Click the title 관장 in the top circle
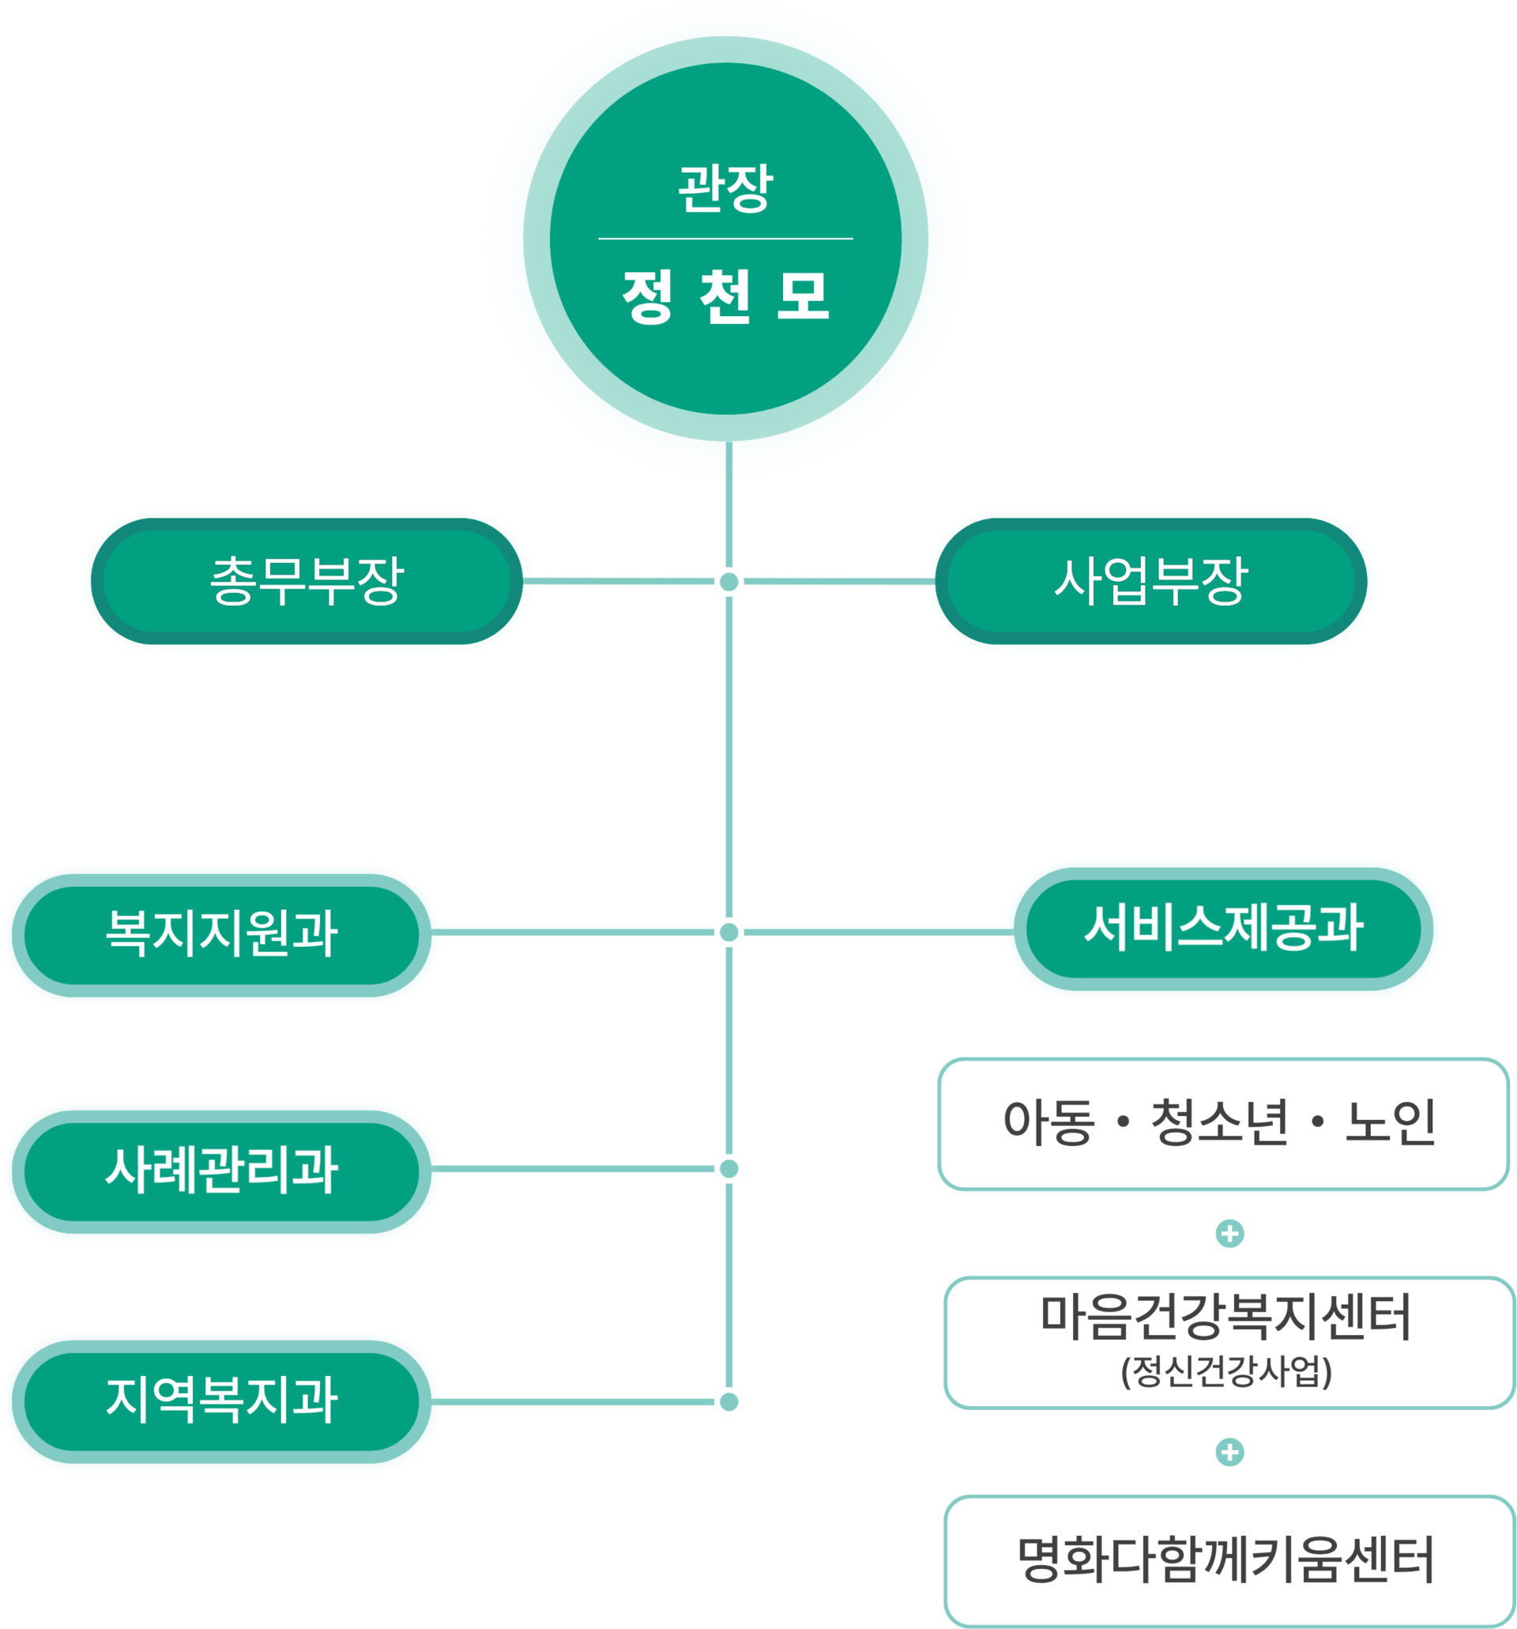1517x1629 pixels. [x=725, y=187]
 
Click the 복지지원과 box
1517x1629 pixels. [x=221, y=933]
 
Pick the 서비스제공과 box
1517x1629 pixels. [x=1223, y=928]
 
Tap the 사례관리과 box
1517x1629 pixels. [x=221, y=1169]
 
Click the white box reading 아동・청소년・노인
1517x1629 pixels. [x=1223, y=1123]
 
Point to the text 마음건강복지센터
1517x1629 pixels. [x=1226, y=1318]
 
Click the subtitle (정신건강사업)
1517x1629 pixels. [x=1226, y=1371]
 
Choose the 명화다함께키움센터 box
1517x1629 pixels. [x=1226, y=1560]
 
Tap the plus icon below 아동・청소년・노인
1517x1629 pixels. [x=1229, y=1233]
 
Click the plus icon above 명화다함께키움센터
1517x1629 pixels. [x=1229, y=1452]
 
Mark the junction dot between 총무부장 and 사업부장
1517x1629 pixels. [x=729, y=582]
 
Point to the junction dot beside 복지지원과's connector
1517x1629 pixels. [x=729, y=933]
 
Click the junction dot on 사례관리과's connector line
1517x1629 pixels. [x=729, y=1168]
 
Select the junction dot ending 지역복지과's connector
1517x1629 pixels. [x=729, y=1402]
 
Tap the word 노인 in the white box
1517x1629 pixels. [x=1390, y=1122]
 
